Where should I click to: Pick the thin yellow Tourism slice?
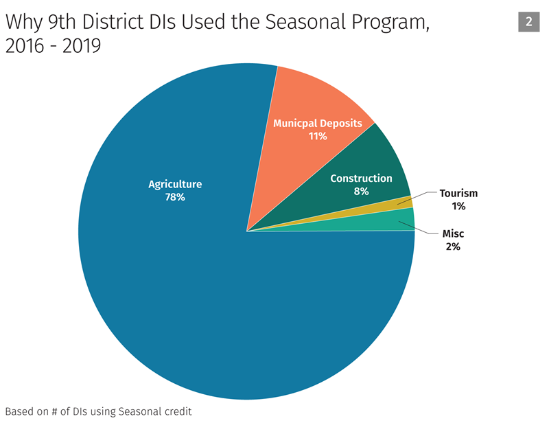405,203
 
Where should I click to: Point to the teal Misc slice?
405,220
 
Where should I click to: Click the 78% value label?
175,197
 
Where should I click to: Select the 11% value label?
318,136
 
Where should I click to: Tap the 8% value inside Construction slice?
361,192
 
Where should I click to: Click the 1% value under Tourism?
458,206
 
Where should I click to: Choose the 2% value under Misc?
453,247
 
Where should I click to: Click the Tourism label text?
458,194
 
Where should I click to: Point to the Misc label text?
453,234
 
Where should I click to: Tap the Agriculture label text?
175,184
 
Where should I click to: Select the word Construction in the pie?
361,179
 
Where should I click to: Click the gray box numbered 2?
528,22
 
